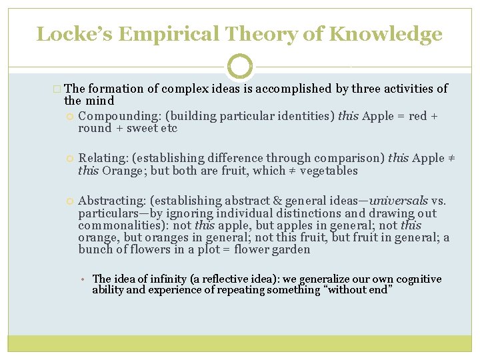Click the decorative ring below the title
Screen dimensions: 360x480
point(240,67)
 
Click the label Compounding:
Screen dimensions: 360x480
point(109,117)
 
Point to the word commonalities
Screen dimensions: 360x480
point(118,225)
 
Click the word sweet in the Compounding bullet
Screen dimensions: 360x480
point(148,129)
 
